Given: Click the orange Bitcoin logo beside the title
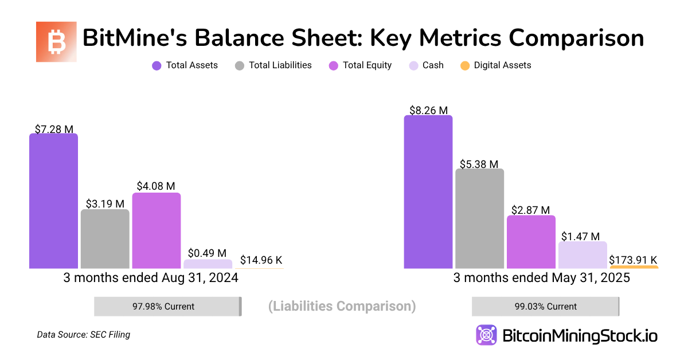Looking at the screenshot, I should tap(56, 42).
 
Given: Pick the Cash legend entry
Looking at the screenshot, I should tap(426, 65).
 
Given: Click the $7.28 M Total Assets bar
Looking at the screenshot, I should tap(53, 201).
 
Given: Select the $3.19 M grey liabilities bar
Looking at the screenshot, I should tap(105, 239).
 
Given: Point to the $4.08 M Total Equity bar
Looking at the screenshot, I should tap(157, 230).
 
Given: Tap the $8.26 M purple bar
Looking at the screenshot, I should tap(428, 192).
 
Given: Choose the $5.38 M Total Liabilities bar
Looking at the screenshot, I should tap(480, 218).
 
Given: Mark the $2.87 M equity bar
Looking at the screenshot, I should tap(531, 242).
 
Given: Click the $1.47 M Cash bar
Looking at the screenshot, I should tap(583, 255).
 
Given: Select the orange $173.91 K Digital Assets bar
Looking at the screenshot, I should tap(634, 267).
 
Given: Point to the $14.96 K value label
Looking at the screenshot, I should tap(261, 260).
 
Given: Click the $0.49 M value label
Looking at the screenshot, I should tap(207, 253).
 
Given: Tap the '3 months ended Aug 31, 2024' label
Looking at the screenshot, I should tap(150, 278).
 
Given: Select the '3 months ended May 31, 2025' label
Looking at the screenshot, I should tap(541, 278).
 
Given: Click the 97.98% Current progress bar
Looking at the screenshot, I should tap(167, 306).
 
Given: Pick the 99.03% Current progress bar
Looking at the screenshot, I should tap(545, 306).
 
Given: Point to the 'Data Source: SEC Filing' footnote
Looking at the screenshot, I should tap(83, 335).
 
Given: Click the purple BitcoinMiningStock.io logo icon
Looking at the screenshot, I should tap(486, 335).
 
